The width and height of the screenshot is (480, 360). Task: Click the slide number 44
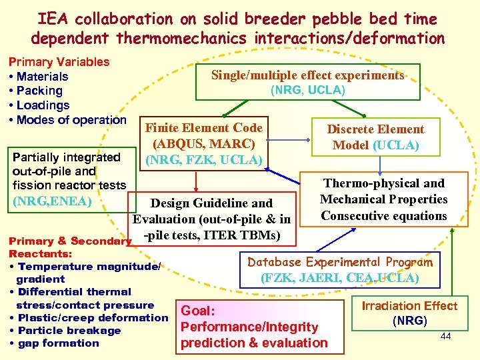(x=445, y=337)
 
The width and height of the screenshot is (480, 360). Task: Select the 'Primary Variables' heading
(x=59, y=62)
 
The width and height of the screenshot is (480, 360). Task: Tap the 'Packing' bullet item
(x=39, y=91)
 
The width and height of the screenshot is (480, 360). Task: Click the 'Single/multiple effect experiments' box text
(x=307, y=75)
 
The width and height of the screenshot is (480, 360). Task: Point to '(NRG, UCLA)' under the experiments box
(x=307, y=90)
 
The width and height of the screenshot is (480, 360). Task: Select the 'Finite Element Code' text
(x=204, y=128)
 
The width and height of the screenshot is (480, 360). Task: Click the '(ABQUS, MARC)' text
(x=204, y=143)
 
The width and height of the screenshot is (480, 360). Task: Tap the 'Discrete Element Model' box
(x=375, y=137)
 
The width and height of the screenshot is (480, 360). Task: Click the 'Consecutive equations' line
(x=383, y=215)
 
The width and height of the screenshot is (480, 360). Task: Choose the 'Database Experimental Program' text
(x=340, y=262)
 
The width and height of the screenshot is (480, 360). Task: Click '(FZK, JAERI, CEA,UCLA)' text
(x=340, y=277)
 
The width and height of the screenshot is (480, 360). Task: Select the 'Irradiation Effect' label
(x=409, y=306)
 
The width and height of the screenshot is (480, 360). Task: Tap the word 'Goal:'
(x=198, y=311)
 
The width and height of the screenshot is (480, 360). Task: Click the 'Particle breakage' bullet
(x=69, y=331)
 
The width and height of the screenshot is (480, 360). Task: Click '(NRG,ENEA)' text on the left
(x=53, y=199)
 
